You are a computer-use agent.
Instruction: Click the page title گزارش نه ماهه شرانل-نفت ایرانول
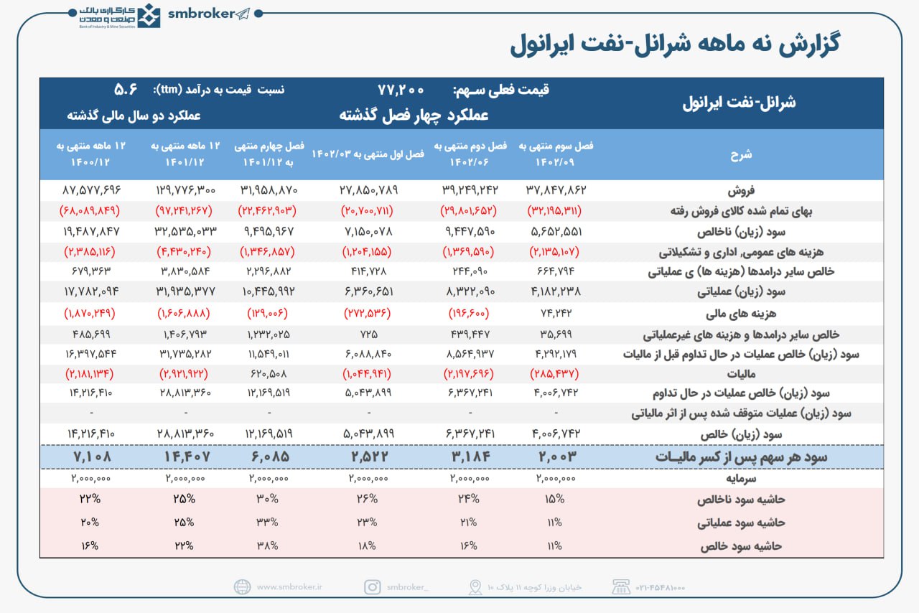[675, 45]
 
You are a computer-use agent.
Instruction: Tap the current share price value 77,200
[401, 90]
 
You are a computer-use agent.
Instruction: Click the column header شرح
[741, 154]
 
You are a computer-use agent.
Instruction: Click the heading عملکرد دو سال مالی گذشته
[134, 115]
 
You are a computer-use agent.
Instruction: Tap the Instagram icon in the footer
[372, 587]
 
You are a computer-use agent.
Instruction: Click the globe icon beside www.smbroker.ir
[243, 587]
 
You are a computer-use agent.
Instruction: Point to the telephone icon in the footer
[621, 587]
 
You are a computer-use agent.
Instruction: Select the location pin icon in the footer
[475, 587]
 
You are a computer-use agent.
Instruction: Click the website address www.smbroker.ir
[290, 587]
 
